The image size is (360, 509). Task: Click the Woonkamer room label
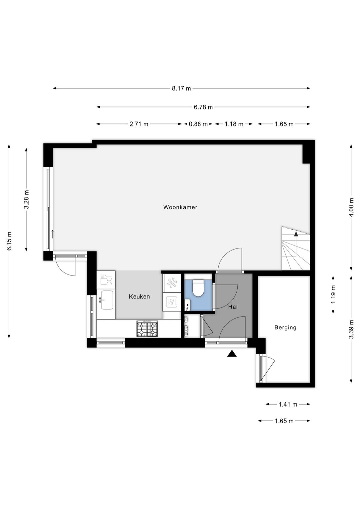[x=180, y=207]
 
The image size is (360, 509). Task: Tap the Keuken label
[x=139, y=297]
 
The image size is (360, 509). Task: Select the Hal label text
[x=233, y=307]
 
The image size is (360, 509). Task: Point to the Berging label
[x=285, y=328]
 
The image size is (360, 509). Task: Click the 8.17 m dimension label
[x=181, y=88]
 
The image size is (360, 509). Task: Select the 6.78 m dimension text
[x=203, y=107]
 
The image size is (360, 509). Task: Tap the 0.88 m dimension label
[x=198, y=124]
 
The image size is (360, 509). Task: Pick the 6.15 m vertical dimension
[x=9, y=241]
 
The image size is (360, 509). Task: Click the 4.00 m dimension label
[x=351, y=207]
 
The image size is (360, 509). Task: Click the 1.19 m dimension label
[x=333, y=295]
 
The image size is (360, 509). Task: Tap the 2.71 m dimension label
[x=139, y=124]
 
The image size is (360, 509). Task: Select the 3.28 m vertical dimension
[x=27, y=199]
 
